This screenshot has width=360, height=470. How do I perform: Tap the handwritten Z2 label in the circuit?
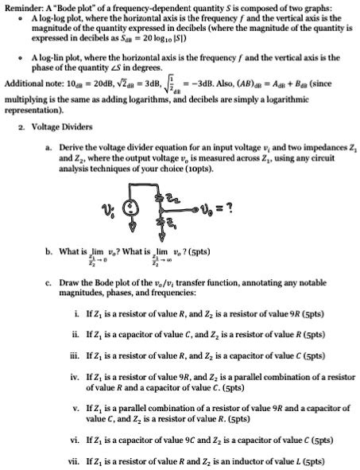[173, 198]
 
